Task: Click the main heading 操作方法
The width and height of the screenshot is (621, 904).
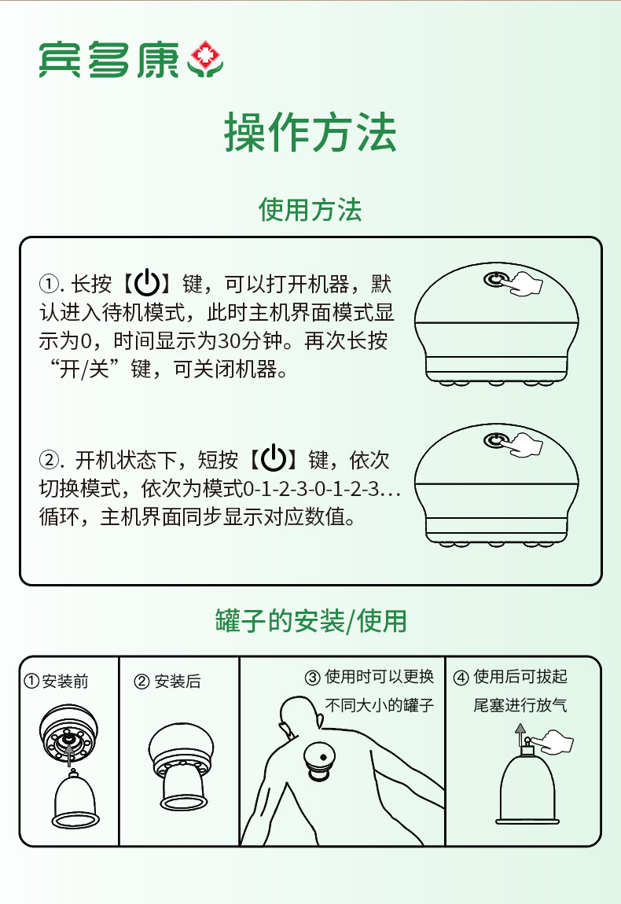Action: (310, 133)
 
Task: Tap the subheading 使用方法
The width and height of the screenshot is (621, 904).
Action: (310, 209)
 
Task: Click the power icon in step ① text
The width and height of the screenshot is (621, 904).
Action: (147, 282)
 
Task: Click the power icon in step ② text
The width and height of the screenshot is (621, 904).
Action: (274, 459)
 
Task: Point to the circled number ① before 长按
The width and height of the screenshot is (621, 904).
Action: (49, 284)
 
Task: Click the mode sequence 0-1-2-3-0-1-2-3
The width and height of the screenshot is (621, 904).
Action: (310, 489)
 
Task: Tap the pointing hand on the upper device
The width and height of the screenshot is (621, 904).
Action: (526, 283)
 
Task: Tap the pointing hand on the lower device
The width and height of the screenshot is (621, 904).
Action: (526, 444)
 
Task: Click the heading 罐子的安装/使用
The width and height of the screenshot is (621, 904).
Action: (310, 621)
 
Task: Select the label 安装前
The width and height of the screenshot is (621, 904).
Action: (65, 682)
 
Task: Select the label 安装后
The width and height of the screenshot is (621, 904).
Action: (178, 682)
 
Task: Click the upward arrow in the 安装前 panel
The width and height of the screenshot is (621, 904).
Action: (70, 755)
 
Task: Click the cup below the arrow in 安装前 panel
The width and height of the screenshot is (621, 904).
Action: (75, 799)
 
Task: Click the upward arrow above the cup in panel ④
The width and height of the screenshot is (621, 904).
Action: (520, 735)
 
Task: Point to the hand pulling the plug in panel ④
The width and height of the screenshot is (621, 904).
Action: (553, 741)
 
